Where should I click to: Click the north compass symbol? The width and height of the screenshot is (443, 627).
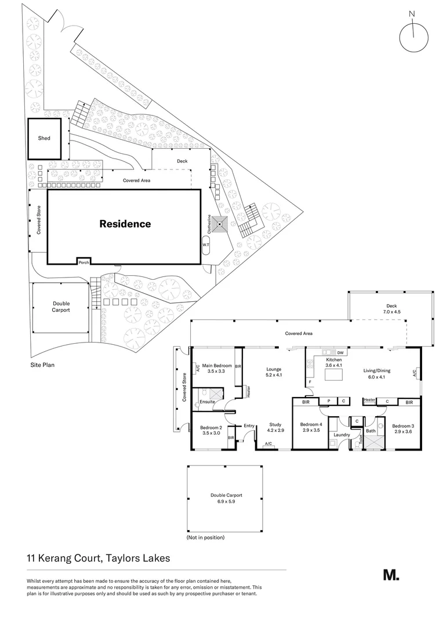point(413,37)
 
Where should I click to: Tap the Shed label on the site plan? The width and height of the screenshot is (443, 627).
point(44,138)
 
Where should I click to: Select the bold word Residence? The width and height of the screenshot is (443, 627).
point(125,224)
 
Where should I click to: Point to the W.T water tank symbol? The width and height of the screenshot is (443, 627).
point(206,245)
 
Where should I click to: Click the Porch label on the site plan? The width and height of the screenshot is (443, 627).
point(84,262)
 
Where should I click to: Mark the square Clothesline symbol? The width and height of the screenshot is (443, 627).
point(221,224)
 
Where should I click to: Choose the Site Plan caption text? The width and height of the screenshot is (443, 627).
point(43,366)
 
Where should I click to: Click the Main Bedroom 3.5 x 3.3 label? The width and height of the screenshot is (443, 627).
point(217,368)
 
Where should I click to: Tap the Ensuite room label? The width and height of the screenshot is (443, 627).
point(207,402)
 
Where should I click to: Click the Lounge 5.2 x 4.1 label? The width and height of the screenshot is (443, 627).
point(273,372)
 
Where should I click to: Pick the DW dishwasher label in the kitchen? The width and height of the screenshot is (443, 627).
point(340,352)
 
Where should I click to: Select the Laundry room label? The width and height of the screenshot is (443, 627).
point(342,434)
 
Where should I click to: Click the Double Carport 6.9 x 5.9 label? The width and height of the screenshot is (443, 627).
point(226,498)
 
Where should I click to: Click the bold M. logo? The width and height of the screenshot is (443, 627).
point(391,575)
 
